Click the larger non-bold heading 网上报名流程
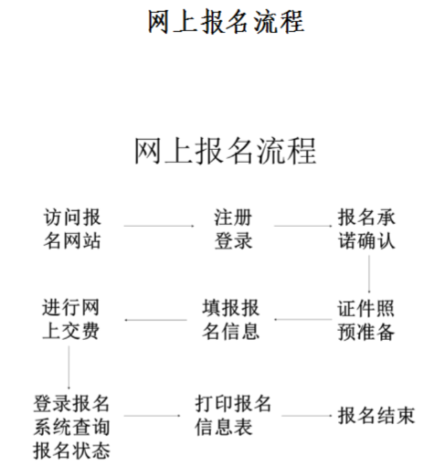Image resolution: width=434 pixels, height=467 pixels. (225, 152)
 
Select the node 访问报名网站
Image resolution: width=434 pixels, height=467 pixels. (71, 231)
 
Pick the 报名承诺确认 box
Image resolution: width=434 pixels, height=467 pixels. (365, 231)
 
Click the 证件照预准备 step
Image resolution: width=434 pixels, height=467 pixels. (365, 320)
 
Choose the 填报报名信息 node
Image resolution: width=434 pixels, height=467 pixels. (230, 319)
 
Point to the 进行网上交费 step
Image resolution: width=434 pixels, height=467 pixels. (71, 319)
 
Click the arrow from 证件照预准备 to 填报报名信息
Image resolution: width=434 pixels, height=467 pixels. (306, 321)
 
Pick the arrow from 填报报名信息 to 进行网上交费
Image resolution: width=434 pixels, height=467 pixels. (155, 321)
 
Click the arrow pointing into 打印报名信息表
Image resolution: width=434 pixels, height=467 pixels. (155, 417)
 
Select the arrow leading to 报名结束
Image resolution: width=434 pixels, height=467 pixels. (306, 417)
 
